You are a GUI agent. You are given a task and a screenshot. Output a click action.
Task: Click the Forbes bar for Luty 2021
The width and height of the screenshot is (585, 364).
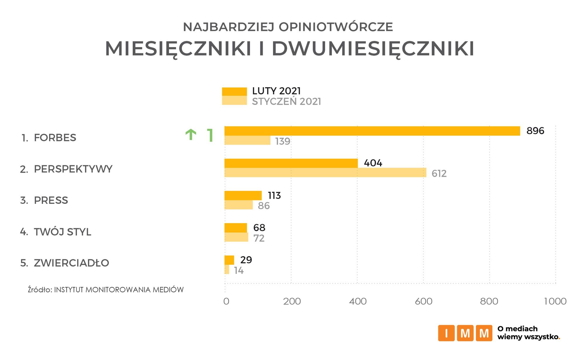tap(372, 131)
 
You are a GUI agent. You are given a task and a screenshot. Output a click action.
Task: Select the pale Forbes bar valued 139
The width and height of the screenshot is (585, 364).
tap(247, 141)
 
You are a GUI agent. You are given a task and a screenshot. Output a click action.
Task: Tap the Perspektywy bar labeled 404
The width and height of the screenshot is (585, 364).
tap(291, 163)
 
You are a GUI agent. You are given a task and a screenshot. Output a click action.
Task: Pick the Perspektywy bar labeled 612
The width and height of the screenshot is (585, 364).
tap(325, 173)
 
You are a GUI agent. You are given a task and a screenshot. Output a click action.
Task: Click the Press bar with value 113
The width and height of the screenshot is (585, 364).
tap(243, 195)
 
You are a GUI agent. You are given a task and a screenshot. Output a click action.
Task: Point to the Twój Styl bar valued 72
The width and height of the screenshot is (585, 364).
tap(236, 237)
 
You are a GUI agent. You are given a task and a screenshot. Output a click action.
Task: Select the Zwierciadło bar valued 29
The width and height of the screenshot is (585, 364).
tap(229, 260)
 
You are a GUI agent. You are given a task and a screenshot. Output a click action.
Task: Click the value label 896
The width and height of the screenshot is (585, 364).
tap(535, 131)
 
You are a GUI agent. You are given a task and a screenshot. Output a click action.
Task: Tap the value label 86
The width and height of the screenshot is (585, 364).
tap(264, 206)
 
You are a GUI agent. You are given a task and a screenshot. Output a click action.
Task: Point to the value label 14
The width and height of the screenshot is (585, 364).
tap(239, 271)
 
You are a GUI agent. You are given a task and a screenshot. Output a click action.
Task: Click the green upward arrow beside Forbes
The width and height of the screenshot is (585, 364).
tap(191, 135)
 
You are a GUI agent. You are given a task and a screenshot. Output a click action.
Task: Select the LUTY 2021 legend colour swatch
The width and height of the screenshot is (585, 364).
tap(234, 91)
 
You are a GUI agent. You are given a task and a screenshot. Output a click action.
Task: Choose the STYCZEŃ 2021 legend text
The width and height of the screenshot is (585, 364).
tap(287, 102)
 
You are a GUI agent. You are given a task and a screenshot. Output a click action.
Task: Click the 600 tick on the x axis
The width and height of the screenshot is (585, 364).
tap(423, 301)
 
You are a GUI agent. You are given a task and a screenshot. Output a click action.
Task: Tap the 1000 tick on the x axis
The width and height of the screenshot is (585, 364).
tap(555, 301)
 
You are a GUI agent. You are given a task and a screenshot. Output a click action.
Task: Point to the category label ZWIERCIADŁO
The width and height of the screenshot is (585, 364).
tap(71, 263)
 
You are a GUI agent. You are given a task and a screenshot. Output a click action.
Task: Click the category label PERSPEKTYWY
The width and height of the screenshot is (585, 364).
tap(73, 169)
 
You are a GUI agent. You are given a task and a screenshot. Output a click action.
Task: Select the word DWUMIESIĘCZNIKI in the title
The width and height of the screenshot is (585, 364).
tap(373, 49)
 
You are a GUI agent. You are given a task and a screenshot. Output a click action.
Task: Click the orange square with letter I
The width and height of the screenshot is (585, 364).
tap(446, 333)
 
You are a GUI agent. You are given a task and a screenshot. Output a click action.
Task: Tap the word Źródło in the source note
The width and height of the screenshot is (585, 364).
tap(40, 290)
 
